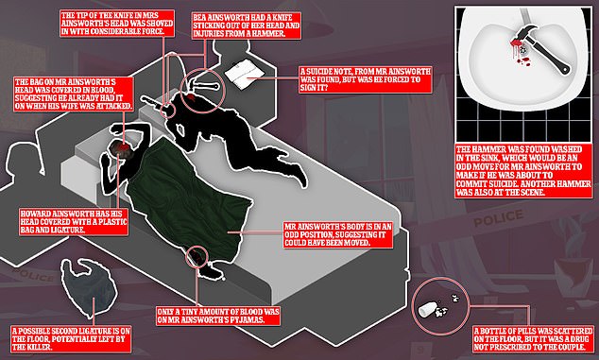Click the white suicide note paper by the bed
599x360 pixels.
245,72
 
